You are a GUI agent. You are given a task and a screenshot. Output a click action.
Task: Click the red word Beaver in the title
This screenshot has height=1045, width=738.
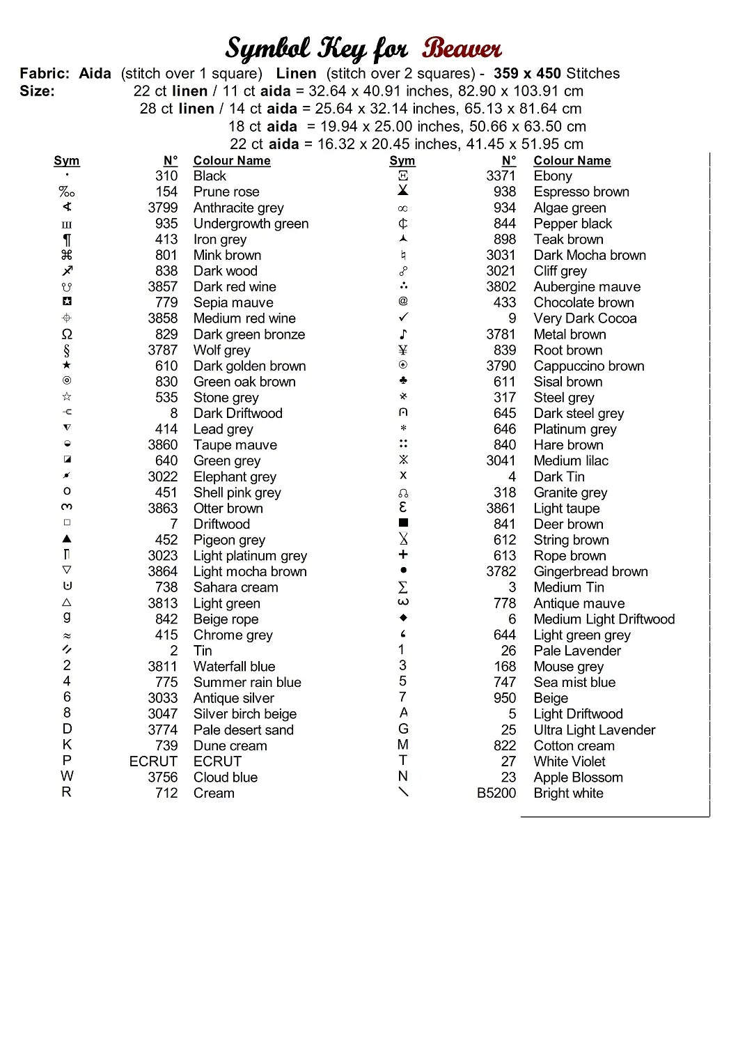click(x=461, y=49)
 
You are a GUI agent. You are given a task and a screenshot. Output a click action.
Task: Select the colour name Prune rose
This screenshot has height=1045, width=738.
click(x=226, y=192)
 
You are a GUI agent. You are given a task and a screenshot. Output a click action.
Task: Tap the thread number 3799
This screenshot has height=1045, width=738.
click(x=162, y=208)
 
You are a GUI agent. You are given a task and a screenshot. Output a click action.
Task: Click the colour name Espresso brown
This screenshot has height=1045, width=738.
click(x=581, y=192)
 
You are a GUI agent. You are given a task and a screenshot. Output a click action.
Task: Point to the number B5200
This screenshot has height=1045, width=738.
click(x=496, y=793)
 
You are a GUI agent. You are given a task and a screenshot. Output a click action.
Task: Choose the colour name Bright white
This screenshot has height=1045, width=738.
click(x=568, y=793)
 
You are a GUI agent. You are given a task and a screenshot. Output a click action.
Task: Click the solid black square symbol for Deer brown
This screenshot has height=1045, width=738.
click(x=403, y=522)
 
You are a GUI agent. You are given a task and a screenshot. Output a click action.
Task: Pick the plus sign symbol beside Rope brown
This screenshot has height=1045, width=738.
click(x=403, y=555)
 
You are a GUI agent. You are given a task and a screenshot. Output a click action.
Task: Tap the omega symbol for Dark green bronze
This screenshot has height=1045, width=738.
click(x=67, y=334)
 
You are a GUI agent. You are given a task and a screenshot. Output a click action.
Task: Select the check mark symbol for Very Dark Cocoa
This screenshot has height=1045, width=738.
click(x=403, y=318)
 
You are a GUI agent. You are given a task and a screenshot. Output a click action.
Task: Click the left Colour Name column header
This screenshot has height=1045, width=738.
click(x=232, y=161)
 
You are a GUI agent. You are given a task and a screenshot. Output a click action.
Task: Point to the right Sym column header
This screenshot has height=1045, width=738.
click(x=402, y=161)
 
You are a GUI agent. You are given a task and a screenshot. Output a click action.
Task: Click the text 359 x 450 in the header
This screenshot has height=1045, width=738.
click(x=526, y=73)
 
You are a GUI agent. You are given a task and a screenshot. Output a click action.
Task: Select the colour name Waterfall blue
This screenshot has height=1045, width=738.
click(x=234, y=667)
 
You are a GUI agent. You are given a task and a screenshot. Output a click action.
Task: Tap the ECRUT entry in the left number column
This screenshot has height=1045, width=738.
click(x=153, y=761)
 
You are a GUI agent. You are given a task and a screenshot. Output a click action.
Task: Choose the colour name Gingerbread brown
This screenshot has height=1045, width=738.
click(x=590, y=572)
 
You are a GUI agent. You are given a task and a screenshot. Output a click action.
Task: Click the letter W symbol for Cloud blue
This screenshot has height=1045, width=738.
click(x=67, y=776)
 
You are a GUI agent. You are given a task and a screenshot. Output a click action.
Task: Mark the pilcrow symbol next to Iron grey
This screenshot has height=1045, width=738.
click(x=67, y=240)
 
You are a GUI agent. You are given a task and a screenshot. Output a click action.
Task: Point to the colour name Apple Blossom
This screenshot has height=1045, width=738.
click(x=578, y=777)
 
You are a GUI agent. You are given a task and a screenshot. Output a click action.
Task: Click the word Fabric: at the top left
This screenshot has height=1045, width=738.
click(x=45, y=73)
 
